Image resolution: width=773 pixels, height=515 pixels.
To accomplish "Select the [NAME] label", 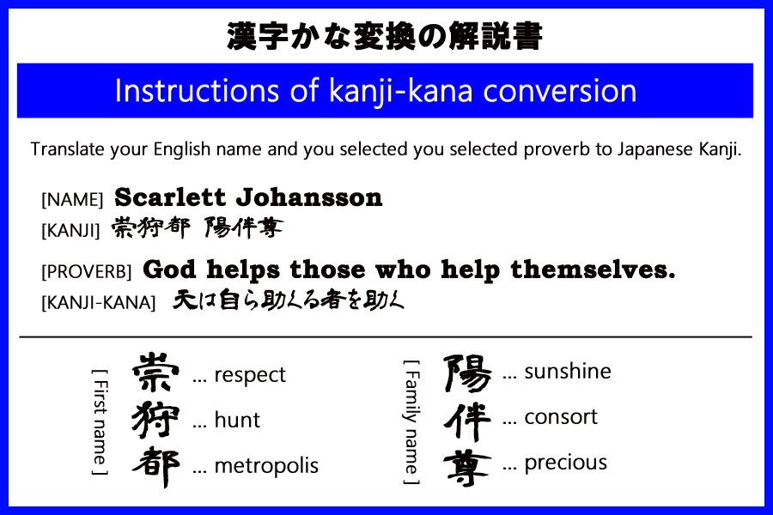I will [x=72, y=200].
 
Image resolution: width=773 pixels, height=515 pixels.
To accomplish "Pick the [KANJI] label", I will [x=71, y=229].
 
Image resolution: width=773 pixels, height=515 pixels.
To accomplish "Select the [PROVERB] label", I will [x=86, y=272].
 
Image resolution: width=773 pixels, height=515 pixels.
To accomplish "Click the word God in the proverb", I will [x=167, y=270].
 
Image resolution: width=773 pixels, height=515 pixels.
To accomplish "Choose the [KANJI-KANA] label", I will [x=98, y=302].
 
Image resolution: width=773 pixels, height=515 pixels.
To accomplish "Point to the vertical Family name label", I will [x=411, y=421].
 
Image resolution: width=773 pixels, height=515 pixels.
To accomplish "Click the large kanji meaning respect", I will [x=156, y=373].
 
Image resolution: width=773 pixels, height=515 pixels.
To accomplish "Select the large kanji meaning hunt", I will [x=156, y=421].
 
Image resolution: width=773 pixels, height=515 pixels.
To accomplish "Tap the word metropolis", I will [x=266, y=466].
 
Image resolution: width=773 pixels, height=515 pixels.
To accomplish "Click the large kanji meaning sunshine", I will [x=467, y=373].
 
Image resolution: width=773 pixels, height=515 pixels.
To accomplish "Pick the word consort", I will [x=561, y=417].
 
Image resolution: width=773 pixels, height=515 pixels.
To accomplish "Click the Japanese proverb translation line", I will [x=289, y=300].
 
